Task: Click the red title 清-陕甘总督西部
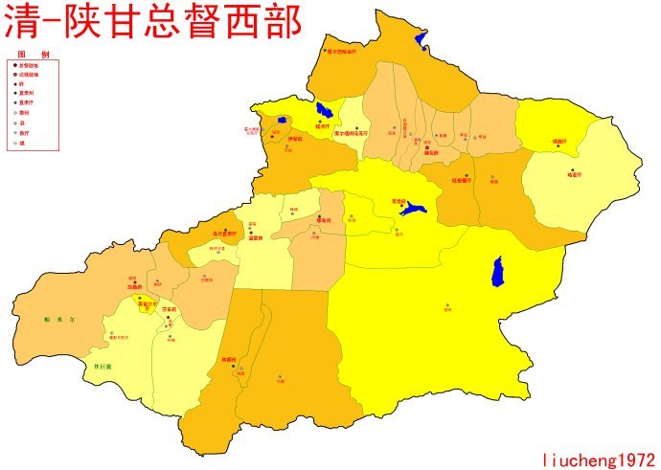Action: (153, 22)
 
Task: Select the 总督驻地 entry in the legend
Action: (28, 65)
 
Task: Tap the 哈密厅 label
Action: (574, 174)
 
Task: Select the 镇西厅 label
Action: (559, 142)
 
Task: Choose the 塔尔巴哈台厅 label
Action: (341, 52)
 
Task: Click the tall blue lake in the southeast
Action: (498, 273)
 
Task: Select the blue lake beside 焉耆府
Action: (415, 209)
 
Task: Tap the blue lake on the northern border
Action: (421, 40)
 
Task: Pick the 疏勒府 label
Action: (134, 286)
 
